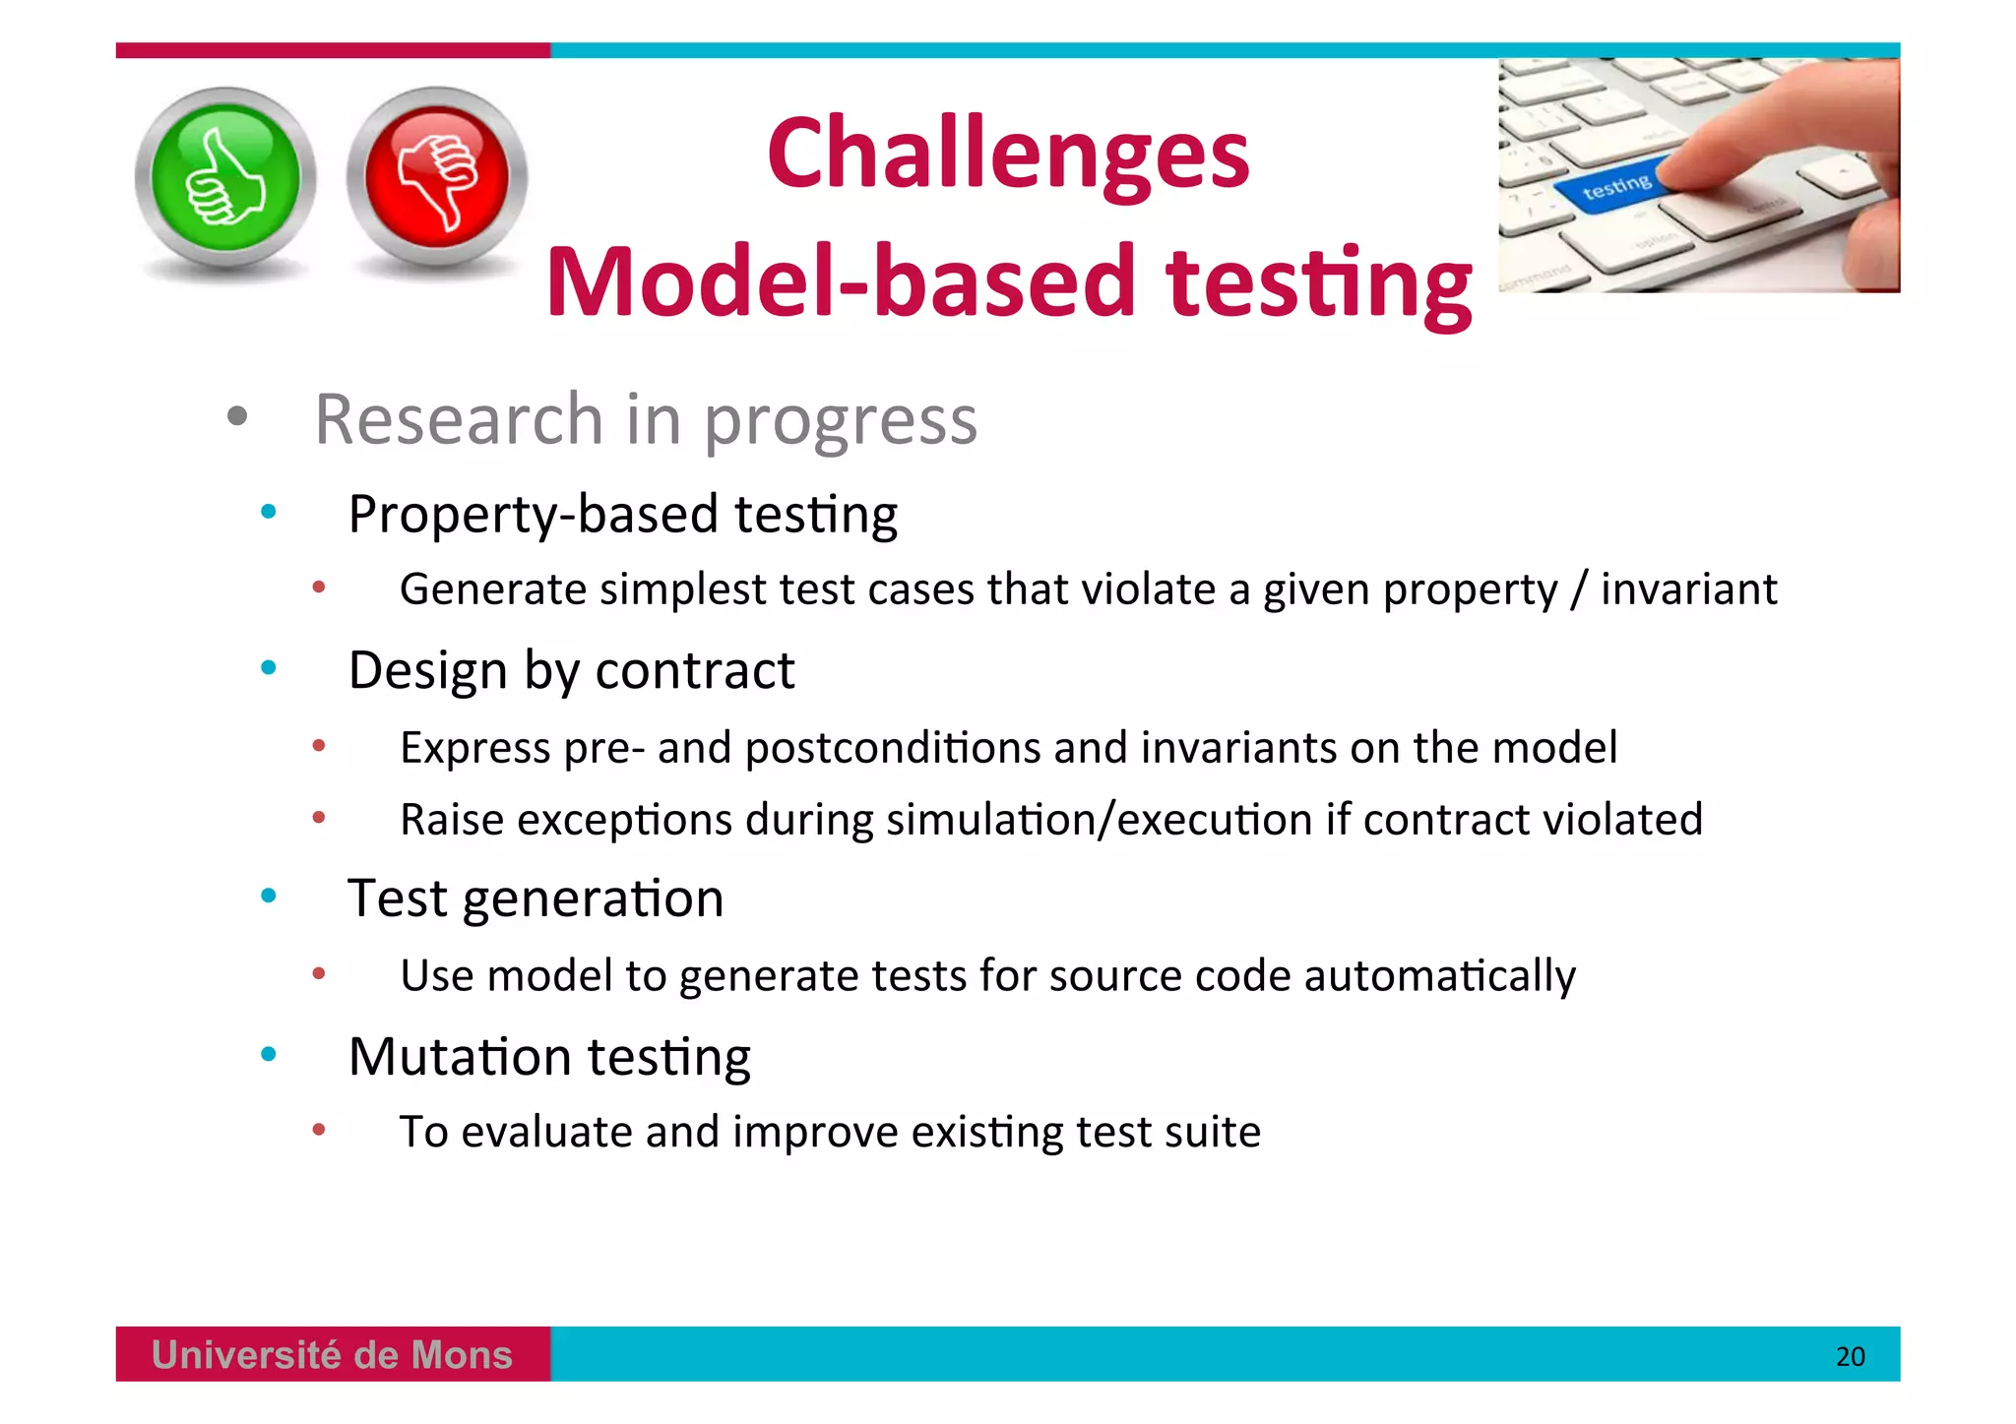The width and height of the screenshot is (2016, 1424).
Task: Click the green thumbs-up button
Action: pos(225,178)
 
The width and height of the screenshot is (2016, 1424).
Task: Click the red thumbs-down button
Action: pos(437,178)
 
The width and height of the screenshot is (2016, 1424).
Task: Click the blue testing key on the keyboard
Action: pos(1614,187)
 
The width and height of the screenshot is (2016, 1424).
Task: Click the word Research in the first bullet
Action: pos(459,420)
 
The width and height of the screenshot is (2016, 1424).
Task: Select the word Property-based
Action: pos(533,515)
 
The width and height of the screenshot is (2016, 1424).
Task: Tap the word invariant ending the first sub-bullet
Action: pos(1688,589)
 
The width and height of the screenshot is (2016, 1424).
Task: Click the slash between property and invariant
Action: pos(1579,589)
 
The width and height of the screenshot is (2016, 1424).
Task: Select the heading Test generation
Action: pos(535,899)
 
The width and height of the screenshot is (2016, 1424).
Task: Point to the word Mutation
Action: pos(460,1057)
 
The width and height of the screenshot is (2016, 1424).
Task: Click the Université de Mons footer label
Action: pos(332,1355)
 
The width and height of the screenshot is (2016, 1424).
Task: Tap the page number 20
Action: pos(1850,1357)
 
